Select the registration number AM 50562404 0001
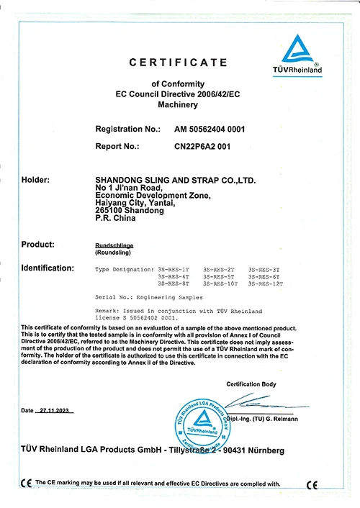pos(210,130)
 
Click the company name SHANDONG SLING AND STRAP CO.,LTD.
pos(175,180)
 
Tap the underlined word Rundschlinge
pos(114,245)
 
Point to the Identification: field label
pos(48,268)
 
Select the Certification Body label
pos(251,384)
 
